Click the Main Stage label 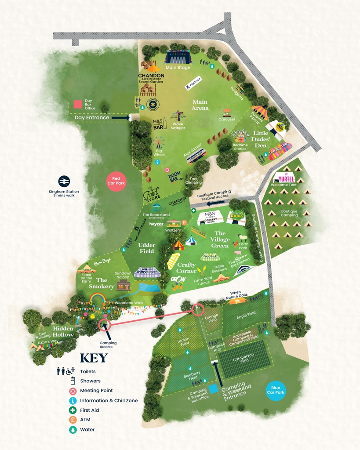[x=178, y=68]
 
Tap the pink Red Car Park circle [x=116, y=181]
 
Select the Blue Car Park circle [x=276, y=391]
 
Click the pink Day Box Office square [x=78, y=104]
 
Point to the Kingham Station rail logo [x=64, y=181]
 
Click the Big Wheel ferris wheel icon [x=159, y=143]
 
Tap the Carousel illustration [x=226, y=112]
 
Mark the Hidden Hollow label [x=63, y=331]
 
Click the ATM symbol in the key [x=73, y=420]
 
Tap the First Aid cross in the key [x=73, y=410]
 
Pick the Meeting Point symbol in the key [x=73, y=391]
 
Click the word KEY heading [x=94, y=358]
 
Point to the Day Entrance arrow [x=120, y=118]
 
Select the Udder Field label [x=147, y=248]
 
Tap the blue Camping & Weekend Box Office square [x=213, y=389]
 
